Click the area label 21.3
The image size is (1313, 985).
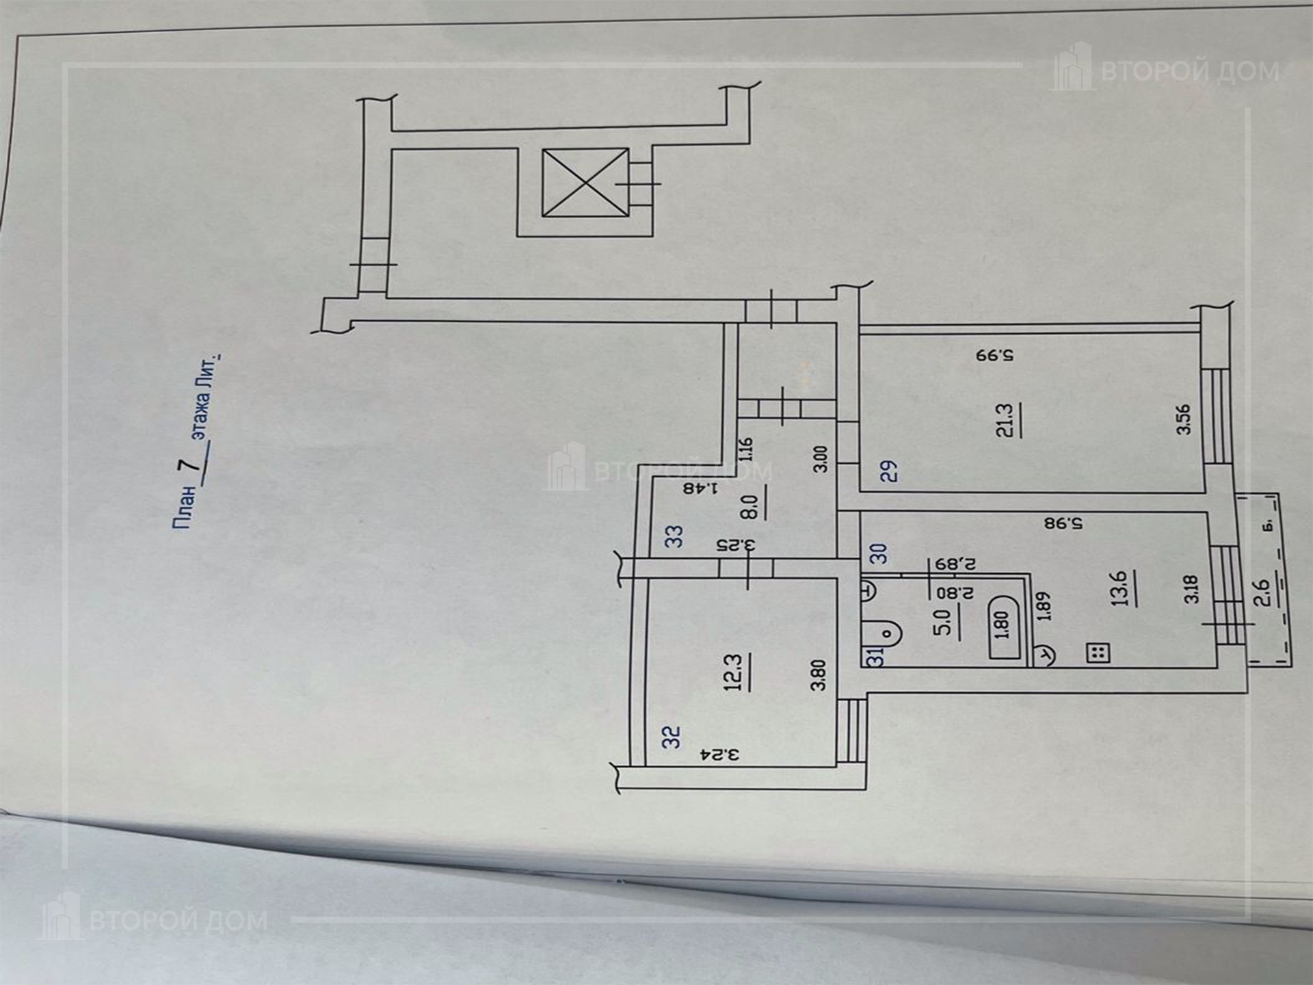[1005, 421]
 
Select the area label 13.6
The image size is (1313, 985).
[1119, 589]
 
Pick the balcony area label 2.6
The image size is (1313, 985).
[1262, 592]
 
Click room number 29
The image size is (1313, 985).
[888, 472]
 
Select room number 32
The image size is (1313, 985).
[673, 737]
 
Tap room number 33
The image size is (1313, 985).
[674, 536]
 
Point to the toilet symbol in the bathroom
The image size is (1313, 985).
[882, 632]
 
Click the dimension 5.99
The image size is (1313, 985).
[994, 356]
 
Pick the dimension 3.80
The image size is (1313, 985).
[818, 674]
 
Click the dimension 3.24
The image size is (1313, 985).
[721, 755]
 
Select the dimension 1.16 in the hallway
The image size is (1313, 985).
[746, 449]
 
